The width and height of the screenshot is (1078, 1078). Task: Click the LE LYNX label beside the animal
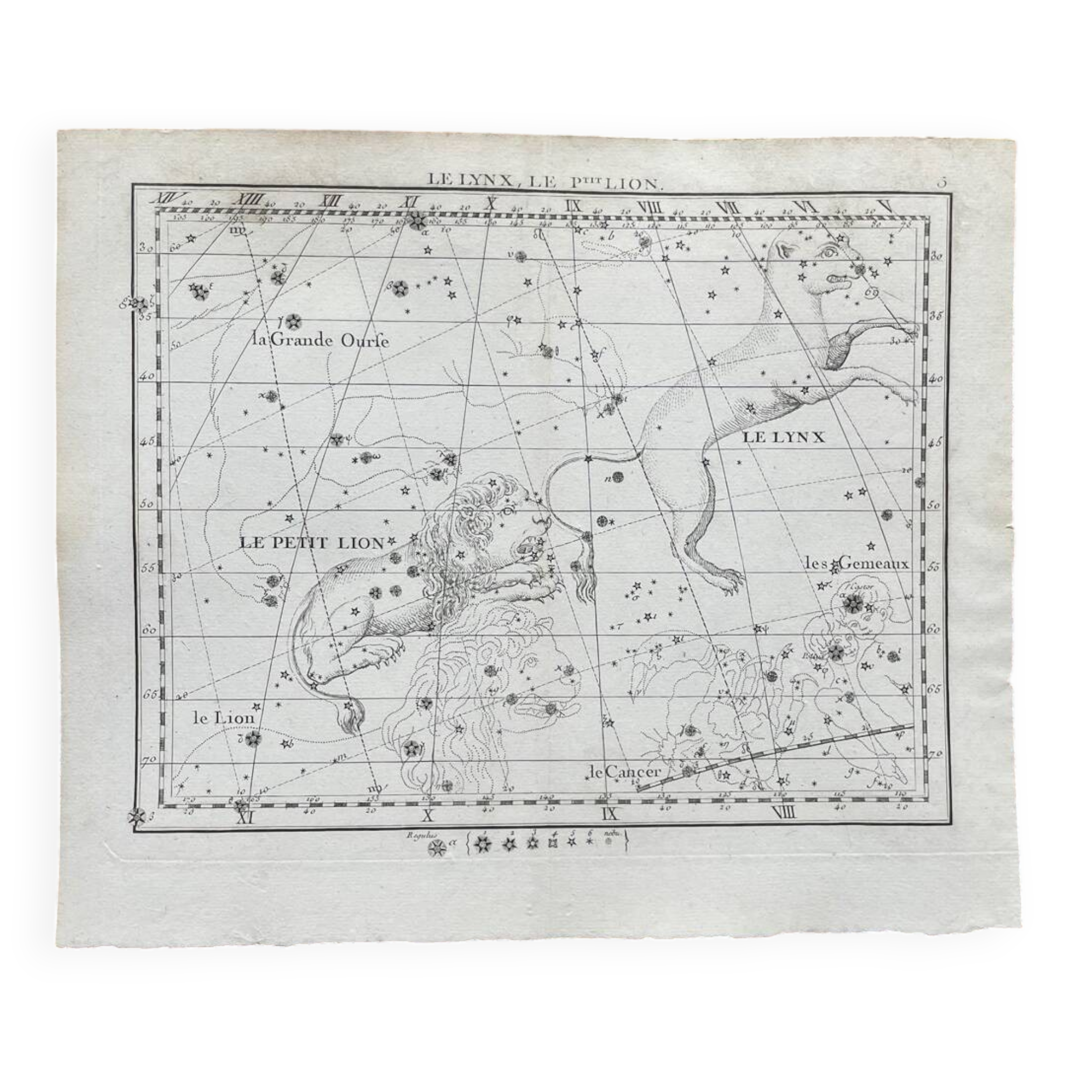(783, 438)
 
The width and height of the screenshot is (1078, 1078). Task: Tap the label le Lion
(224, 718)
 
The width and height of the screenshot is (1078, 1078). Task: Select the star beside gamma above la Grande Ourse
(294, 321)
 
